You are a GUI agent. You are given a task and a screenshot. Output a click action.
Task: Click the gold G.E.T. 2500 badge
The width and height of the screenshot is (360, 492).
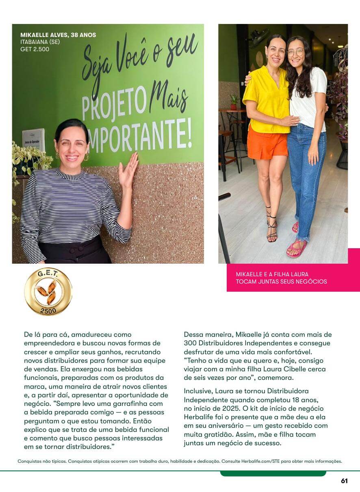[48, 291]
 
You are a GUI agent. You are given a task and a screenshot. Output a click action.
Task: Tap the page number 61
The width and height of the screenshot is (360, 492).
[344, 481]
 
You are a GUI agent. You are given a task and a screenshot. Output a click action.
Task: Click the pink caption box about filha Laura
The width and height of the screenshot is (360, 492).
[293, 278]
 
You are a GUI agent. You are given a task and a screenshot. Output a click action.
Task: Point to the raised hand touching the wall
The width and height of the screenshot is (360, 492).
[129, 171]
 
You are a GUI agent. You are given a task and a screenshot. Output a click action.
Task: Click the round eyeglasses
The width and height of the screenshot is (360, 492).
[296, 52]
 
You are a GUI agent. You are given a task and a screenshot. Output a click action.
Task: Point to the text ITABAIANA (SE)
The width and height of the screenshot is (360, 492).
[40, 42]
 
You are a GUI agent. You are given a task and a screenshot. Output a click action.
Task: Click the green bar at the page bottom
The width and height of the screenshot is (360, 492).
[273, 473]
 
